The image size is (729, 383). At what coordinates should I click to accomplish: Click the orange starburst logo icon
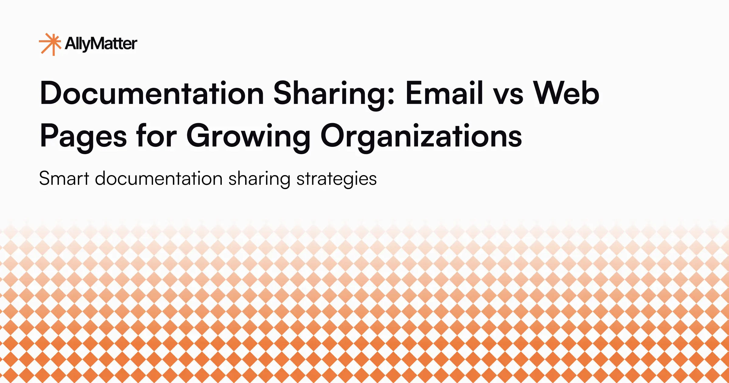click(50, 44)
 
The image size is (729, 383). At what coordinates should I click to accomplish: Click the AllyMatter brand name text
click(101, 44)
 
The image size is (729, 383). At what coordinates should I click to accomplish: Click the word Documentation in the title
click(152, 93)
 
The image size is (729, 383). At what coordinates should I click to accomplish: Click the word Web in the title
click(566, 93)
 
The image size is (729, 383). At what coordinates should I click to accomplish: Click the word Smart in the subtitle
click(64, 178)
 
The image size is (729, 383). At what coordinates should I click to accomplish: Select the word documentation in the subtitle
click(159, 178)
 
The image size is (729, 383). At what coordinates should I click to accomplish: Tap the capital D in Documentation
click(52, 93)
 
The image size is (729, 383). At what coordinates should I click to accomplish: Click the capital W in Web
click(550, 93)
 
